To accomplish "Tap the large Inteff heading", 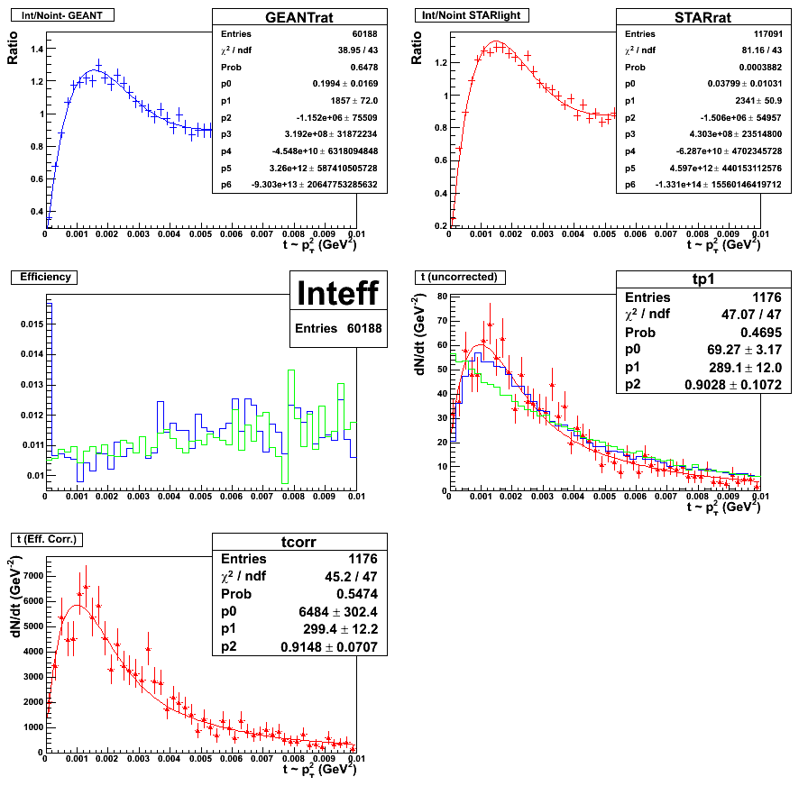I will pos(339,293).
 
